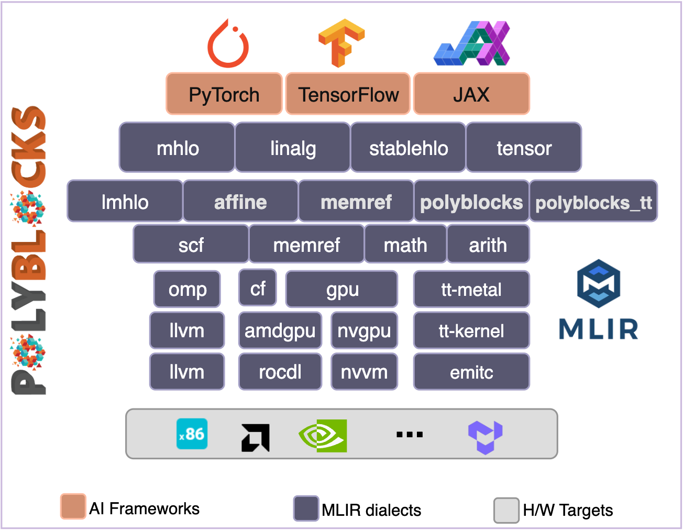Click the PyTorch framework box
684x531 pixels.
click(x=224, y=94)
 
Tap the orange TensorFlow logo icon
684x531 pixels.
click(x=341, y=43)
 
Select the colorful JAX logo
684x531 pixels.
click(x=472, y=43)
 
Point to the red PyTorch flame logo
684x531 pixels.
click(x=228, y=45)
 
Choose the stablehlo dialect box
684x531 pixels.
click(x=408, y=148)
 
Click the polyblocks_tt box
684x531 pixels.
click(x=593, y=202)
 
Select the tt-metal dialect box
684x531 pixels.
click(x=471, y=290)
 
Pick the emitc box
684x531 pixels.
click(x=471, y=372)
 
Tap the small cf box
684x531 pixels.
click(x=258, y=288)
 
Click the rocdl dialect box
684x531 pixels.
click(x=280, y=372)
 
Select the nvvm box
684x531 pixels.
click(x=364, y=372)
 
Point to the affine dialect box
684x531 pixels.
click(x=240, y=202)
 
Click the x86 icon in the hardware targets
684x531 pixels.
click(x=192, y=434)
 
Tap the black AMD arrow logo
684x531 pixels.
click(x=255, y=437)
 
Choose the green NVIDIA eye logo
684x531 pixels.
click(x=323, y=436)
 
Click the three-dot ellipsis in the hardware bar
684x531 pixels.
click(x=410, y=435)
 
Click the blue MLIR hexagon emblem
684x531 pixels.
click(x=599, y=283)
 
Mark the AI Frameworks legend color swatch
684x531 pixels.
click(x=73, y=506)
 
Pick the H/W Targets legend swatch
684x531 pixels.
click(x=506, y=510)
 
